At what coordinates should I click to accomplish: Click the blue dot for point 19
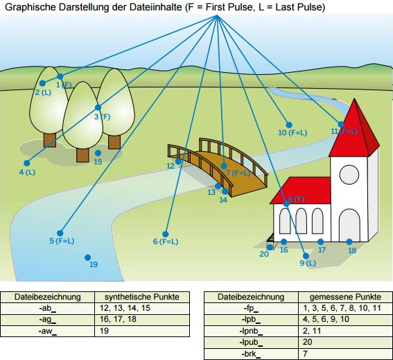tap(88, 257)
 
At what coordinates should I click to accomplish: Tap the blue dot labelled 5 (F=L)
tap(60, 233)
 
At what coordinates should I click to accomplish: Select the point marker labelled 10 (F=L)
tap(289, 125)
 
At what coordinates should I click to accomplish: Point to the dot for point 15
tap(98, 153)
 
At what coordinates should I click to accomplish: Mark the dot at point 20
tap(270, 247)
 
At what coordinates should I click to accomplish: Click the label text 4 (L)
tap(27, 172)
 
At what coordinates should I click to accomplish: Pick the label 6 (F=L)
tap(166, 241)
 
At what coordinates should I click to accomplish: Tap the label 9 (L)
tap(308, 263)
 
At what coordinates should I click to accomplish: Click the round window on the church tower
tap(349, 175)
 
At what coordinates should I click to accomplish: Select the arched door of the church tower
tap(349, 226)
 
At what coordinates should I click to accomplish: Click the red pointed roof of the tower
tap(354, 130)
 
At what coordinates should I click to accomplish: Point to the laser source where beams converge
tap(216, 15)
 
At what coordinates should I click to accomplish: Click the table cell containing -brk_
tap(251, 354)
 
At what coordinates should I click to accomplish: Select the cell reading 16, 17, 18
tap(142, 319)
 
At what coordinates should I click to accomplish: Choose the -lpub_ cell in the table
tap(251, 343)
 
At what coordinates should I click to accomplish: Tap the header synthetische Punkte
tap(142, 297)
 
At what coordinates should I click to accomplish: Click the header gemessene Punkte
tap(345, 297)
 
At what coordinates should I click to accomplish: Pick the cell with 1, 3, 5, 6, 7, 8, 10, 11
tap(345, 308)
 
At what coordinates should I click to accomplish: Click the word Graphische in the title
tap(30, 7)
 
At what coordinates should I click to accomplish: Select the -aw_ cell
tap(47, 331)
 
